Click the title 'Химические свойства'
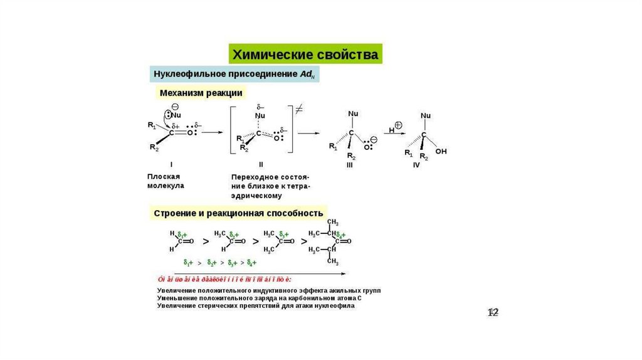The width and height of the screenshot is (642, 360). click(305, 54)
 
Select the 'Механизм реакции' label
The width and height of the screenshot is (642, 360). click(201, 92)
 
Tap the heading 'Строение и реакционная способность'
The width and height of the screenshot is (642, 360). click(238, 213)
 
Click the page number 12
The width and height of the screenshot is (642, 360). click(493, 312)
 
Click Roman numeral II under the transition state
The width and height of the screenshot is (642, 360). click(260, 164)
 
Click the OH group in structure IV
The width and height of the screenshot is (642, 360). click(441, 152)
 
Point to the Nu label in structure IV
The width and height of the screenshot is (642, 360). click(426, 116)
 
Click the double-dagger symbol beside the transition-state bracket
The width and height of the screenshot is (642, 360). click(299, 109)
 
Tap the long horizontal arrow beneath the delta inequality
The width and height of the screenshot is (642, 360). click(251, 274)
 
